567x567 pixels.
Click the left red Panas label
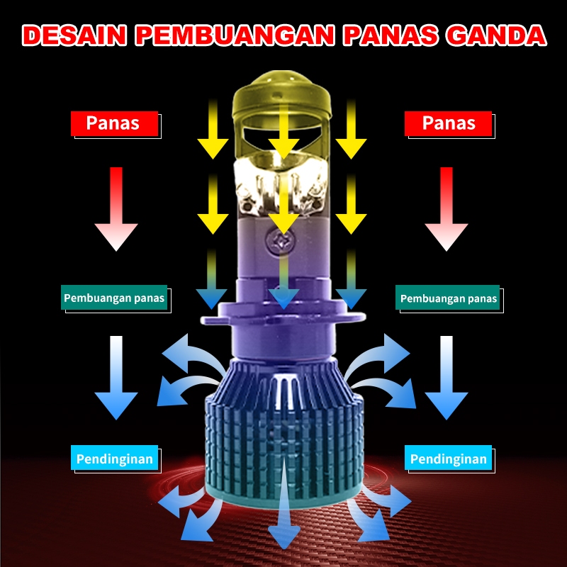coord(113,123)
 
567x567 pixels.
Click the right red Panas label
coord(449,123)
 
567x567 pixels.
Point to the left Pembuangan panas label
coord(114,298)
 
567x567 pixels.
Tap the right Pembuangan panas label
coord(449,298)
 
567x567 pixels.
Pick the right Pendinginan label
coord(449,459)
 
